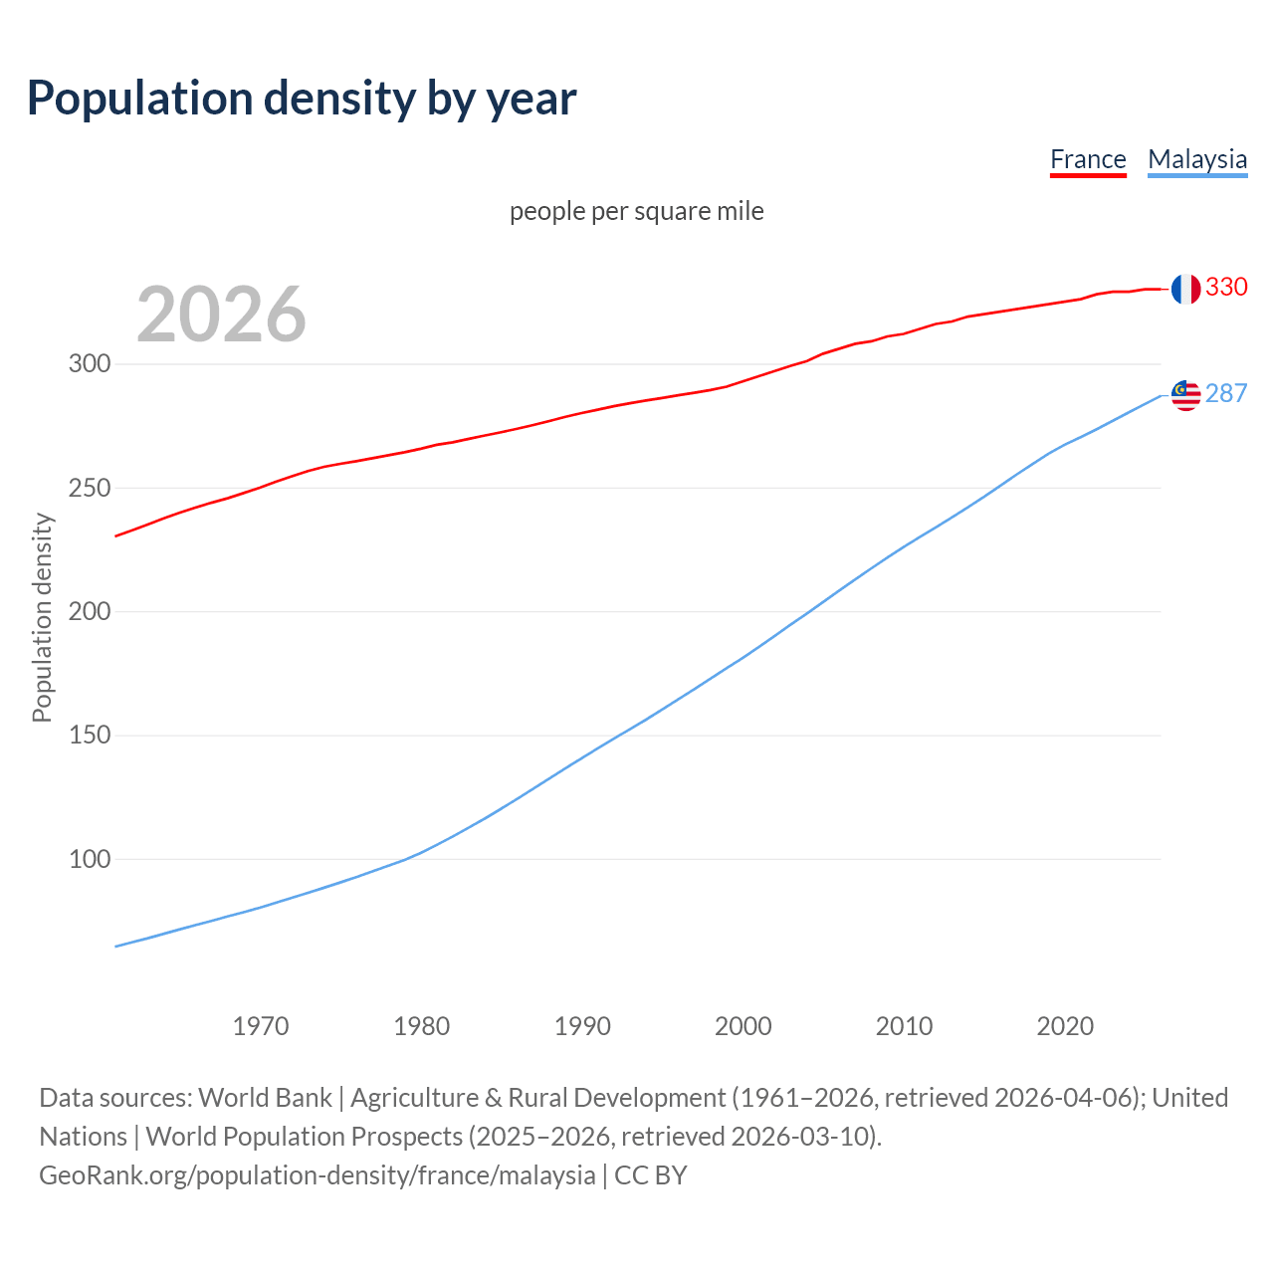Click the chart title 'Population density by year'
click(x=302, y=99)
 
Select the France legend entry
click(x=1088, y=159)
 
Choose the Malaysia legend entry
click(x=1197, y=159)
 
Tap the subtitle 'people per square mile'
click(x=637, y=212)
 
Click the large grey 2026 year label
click(x=221, y=315)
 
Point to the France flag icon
click(x=1184, y=289)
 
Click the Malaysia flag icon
click(x=1185, y=395)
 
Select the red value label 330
click(x=1226, y=288)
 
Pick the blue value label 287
click(x=1226, y=394)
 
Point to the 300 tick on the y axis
click(x=90, y=364)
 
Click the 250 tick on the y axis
click(x=90, y=489)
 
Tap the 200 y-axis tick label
click(x=90, y=612)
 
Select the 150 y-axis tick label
click(x=90, y=736)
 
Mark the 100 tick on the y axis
click(x=90, y=859)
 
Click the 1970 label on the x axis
click(x=261, y=1026)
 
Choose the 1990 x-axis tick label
click(x=582, y=1026)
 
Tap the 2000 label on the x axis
click(x=743, y=1026)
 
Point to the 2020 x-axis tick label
click(x=1065, y=1026)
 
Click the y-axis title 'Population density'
click(x=42, y=617)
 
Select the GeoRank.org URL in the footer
click(x=318, y=1175)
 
